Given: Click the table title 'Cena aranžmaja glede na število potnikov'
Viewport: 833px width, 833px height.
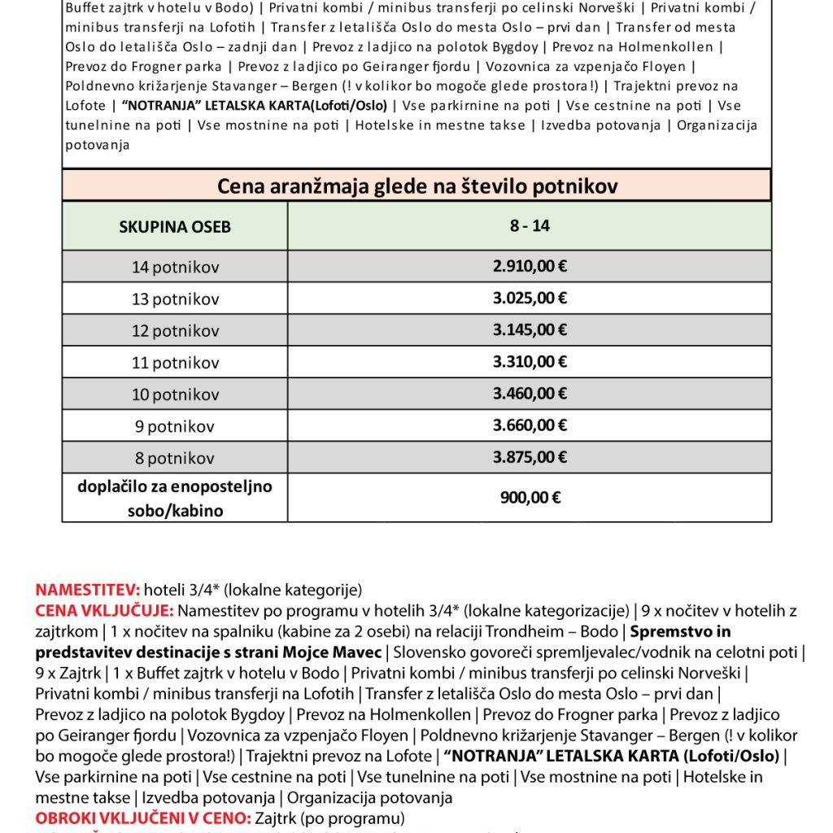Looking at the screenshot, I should (416, 186).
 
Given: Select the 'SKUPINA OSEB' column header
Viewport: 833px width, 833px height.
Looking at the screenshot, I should (175, 227).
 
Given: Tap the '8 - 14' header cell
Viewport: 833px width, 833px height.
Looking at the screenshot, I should (530, 225).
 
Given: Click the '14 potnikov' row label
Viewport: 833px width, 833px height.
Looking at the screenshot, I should (175, 267).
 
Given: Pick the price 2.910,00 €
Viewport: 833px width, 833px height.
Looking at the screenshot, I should (530, 266).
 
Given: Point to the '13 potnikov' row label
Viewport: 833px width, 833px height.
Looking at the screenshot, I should (175, 299).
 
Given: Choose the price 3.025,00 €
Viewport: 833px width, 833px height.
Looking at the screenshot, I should (530, 298).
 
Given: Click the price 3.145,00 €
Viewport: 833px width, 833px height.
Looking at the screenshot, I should (530, 329).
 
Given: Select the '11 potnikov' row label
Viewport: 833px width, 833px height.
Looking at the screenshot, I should (175, 363).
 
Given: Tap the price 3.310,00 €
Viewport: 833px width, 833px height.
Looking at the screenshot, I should (530, 361).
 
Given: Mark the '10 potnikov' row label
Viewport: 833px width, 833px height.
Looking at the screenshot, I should (175, 395).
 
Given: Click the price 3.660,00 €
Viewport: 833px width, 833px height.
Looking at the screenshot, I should (530, 425).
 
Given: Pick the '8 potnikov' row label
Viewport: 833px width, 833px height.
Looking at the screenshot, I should (175, 458).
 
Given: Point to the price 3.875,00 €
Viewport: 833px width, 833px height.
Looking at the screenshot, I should (530, 456).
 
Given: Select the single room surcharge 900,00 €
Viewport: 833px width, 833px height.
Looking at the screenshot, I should (530, 498).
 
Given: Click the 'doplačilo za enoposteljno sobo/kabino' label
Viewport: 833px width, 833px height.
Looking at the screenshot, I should (175, 499).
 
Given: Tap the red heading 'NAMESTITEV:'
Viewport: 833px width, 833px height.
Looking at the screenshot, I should (88, 590).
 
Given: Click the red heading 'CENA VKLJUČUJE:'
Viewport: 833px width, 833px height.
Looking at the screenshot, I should (104, 610).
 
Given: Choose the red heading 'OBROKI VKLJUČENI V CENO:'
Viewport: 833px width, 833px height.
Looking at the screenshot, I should (143, 818).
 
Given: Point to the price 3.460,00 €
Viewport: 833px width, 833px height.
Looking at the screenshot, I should (530, 394).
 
